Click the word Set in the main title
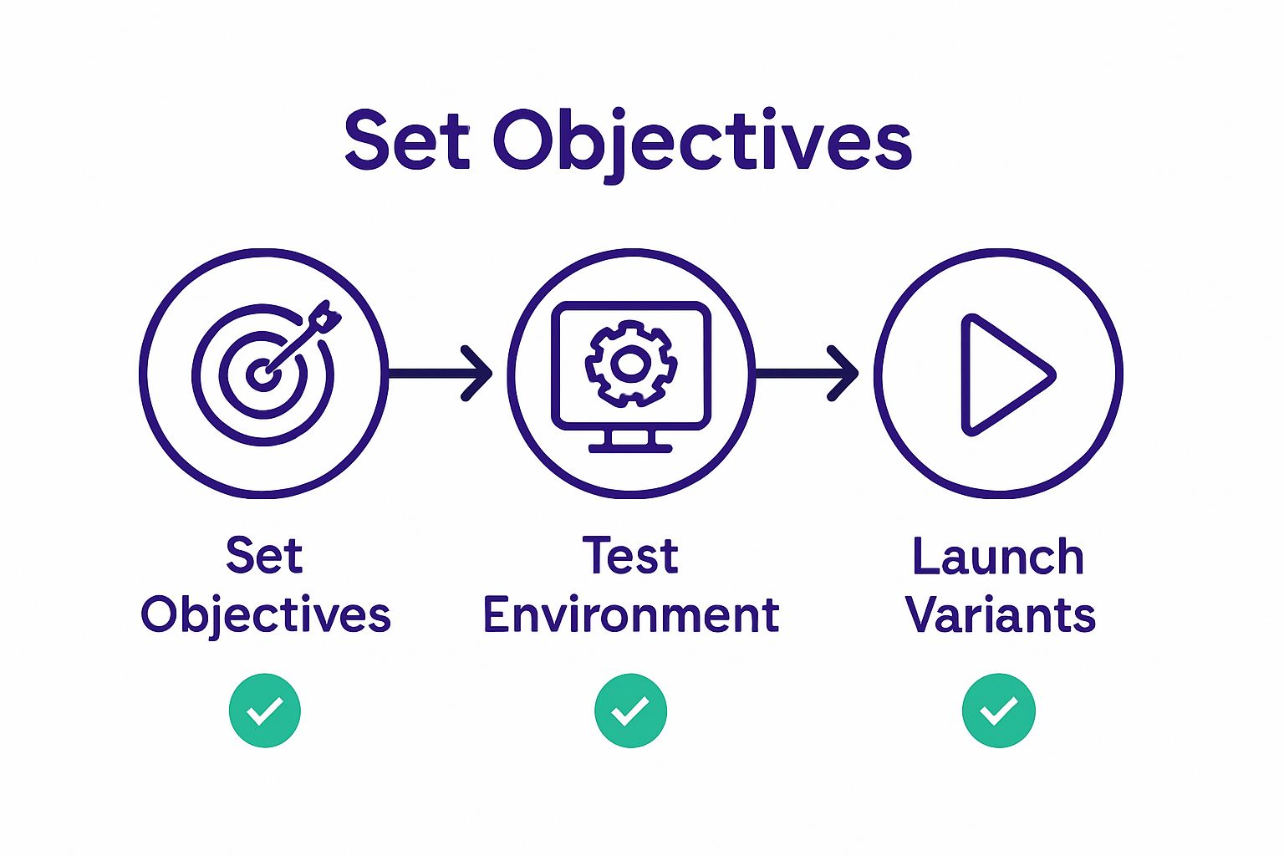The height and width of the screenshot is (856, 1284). click(406, 140)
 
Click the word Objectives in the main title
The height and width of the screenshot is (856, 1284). click(702, 140)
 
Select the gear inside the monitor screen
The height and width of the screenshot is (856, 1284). click(631, 363)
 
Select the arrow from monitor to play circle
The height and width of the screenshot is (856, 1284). click(808, 373)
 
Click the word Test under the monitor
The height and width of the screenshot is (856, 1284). click(630, 557)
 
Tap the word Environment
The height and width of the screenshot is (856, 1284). click(631, 616)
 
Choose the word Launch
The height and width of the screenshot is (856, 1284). click(998, 557)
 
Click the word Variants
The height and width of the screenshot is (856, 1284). click(1000, 616)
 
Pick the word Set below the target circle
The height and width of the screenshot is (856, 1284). click(264, 557)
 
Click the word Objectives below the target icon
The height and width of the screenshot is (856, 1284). click(265, 616)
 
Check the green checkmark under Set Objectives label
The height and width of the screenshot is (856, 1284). click(265, 711)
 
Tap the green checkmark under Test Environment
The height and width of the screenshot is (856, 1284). click(631, 711)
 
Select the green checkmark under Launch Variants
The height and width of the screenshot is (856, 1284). click(999, 711)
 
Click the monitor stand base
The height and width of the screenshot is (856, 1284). click(630, 447)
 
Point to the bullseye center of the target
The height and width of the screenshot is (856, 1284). click(262, 374)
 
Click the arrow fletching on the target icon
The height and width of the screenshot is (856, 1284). click(326, 317)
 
